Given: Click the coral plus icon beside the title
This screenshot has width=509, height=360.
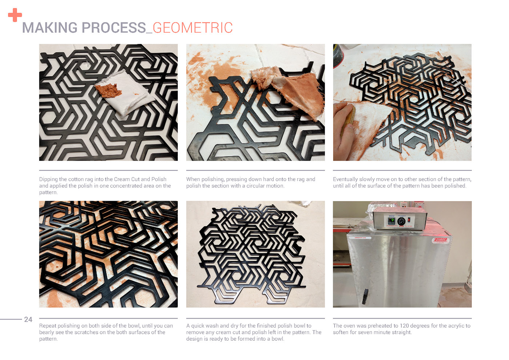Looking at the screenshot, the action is (x=15, y=15).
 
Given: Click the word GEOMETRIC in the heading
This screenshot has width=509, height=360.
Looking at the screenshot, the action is (x=193, y=28).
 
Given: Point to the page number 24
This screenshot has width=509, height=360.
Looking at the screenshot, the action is (x=28, y=320).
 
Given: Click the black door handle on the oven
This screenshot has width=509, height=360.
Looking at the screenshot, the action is (x=365, y=296).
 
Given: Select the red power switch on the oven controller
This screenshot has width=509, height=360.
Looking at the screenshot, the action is (x=409, y=220).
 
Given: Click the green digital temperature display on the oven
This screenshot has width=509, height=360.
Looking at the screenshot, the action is (x=392, y=220).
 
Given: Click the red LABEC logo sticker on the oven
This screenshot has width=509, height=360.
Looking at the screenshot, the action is (x=440, y=240).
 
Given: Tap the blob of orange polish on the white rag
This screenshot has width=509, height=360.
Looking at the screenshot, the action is (x=109, y=90).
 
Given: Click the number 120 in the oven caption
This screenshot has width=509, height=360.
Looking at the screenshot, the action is (x=404, y=326).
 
